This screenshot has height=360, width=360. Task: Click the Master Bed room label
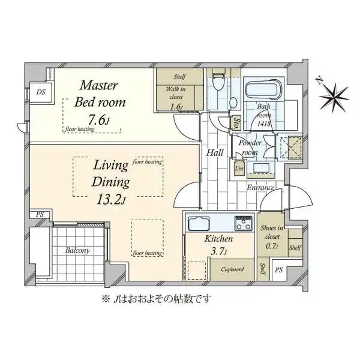coord(100,94)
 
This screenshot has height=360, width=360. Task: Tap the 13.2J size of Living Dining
coord(111,200)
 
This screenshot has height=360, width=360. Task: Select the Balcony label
coord(77,250)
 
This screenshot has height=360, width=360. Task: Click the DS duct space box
coord(41,92)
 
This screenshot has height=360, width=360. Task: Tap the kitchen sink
coord(199,223)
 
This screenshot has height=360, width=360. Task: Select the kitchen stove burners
coord(243,223)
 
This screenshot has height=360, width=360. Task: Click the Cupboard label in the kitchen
coord(232,269)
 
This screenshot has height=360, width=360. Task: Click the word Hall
coord(215,152)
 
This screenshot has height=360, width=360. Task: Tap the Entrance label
coord(260,188)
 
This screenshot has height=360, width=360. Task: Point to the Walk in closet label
coord(176,93)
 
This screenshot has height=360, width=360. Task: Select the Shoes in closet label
coord(272,232)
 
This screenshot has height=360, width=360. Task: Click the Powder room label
coord(250,148)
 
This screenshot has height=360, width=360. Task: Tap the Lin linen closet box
coord(239,168)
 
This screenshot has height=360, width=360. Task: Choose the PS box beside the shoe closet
coord(279,270)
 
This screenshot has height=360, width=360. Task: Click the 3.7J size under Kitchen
coord(218,252)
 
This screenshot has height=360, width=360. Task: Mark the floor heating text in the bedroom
coord(79,129)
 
